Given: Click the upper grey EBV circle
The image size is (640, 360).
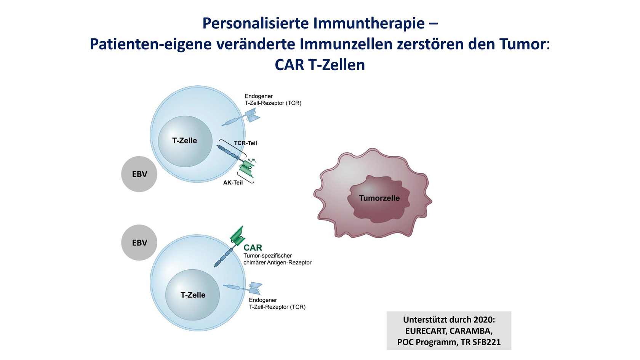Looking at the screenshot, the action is [139, 174].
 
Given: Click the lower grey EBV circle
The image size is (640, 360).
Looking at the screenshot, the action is [139, 243].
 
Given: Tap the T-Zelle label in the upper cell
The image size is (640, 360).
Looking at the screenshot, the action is [184, 141].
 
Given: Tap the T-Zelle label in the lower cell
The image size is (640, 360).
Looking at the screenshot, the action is [193, 295].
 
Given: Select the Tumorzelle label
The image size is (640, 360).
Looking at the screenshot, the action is [379, 198].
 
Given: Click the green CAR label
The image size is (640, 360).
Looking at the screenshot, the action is [253, 248].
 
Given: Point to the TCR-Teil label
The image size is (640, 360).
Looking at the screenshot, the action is [245, 143].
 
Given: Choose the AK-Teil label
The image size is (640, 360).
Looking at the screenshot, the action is [233, 182].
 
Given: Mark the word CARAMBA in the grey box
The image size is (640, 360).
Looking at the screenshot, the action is [471, 331].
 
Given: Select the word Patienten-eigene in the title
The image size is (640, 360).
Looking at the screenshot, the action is [151, 44].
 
